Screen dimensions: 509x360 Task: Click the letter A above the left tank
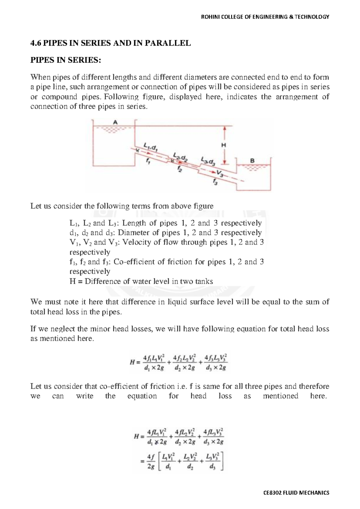(115, 122)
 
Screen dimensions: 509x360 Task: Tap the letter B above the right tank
(252, 161)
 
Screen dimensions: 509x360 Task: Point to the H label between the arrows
(223, 145)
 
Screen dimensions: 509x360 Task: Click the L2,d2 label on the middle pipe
(180, 157)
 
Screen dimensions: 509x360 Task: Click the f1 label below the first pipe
(148, 161)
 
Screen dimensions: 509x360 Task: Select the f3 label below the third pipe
(215, 181)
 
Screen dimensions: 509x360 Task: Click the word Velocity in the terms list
(136, 242)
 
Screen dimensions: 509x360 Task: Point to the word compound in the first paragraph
(59, 97)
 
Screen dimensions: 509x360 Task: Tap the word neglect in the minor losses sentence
(62, 329)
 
